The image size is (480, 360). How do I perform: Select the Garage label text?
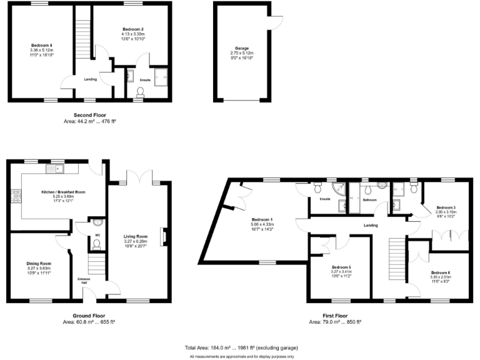coord(242,48)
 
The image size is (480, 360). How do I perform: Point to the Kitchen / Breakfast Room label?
coord(63,192)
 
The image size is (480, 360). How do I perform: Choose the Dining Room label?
coord(38,264)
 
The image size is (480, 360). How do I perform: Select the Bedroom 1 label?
coord(261,220)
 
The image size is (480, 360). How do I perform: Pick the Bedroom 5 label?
coord(341,267)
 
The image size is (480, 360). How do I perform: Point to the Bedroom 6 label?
coord(440,272)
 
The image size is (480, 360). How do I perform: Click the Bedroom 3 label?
coord(446,207)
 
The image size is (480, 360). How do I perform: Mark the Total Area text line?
coord(241,347)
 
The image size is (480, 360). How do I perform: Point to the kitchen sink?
coord(57,168)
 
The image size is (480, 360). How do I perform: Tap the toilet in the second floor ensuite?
coord(139,92)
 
